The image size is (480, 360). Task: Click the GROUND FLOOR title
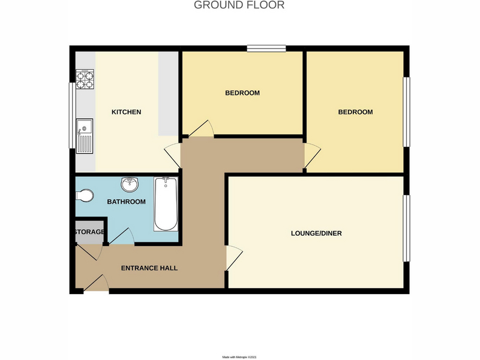pyautogui.click(x=239, y=5)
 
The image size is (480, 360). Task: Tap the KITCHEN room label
pyautogui.click(x=126, y=112)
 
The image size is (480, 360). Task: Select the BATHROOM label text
pyautogui.click(x=126, y=202)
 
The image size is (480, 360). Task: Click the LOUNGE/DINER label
pyautogui.click(x=316, y=233)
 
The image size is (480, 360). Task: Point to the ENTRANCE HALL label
pyautogui.click(x=149, y=268)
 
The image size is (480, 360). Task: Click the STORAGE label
pyautogui.click(x=89, y=232)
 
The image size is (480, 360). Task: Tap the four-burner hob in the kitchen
pyautogui.click(x=85, y=79)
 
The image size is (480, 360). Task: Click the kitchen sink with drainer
pyautogui.click(x=85, y=136)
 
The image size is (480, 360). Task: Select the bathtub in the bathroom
pyautogui.click(x=166, y=204)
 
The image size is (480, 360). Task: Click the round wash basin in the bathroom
pyautogui.click(x=130, y=184)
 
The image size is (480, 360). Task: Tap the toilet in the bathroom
pyautogui.click(x=84, y=196)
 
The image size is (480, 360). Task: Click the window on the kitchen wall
pyautogui.click(x=72, y=115)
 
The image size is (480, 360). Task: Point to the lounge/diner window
pyautogui.click(x=406, y=229)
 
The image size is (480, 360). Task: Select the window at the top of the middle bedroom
pyautogui.click(x=266, y=49)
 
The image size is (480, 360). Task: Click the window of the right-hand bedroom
pyautogui.click(x=406, y=112)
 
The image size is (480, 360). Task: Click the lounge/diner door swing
pyautogui.click(x=234, y=258)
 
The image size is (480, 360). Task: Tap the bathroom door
pyautogui.click(x=122, y=236)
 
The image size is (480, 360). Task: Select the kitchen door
pyautogui.click(x=172, y=155)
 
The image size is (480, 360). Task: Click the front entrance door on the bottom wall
pyautogui.click(x=96, y=283)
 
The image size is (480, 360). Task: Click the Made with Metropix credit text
pyautogui.click(x=239, y=357)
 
